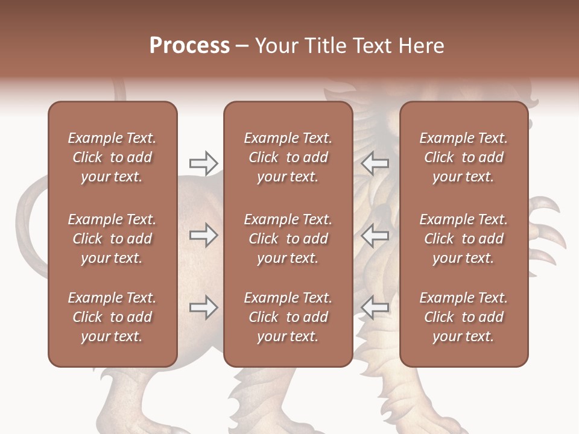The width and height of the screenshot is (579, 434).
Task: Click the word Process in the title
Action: (189, 46)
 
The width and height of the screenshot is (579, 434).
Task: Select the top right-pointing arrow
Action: (204, 163)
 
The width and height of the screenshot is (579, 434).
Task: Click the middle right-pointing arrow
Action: (204, 235)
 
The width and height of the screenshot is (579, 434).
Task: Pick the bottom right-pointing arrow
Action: (204, 307)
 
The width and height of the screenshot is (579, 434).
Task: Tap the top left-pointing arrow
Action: (375, 163)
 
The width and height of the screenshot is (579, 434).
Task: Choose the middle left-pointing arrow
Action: (375, 235)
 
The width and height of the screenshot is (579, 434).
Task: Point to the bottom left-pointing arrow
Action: (375, 307)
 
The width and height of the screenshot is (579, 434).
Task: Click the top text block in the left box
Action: (112, 157)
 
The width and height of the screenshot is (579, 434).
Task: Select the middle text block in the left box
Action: (112, 239)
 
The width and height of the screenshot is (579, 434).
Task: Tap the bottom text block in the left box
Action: (112, 317)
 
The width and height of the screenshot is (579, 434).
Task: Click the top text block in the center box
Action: (288, 157)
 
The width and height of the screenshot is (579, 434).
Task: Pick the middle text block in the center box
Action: (288, 239)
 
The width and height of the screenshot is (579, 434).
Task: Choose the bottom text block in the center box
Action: (288, 317)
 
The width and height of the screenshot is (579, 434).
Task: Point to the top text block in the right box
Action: (464, 157)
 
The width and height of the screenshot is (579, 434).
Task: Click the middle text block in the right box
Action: (464, 239)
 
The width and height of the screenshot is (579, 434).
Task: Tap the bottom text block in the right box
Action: (464, 317)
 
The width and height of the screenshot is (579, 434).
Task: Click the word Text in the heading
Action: (373, 46)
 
